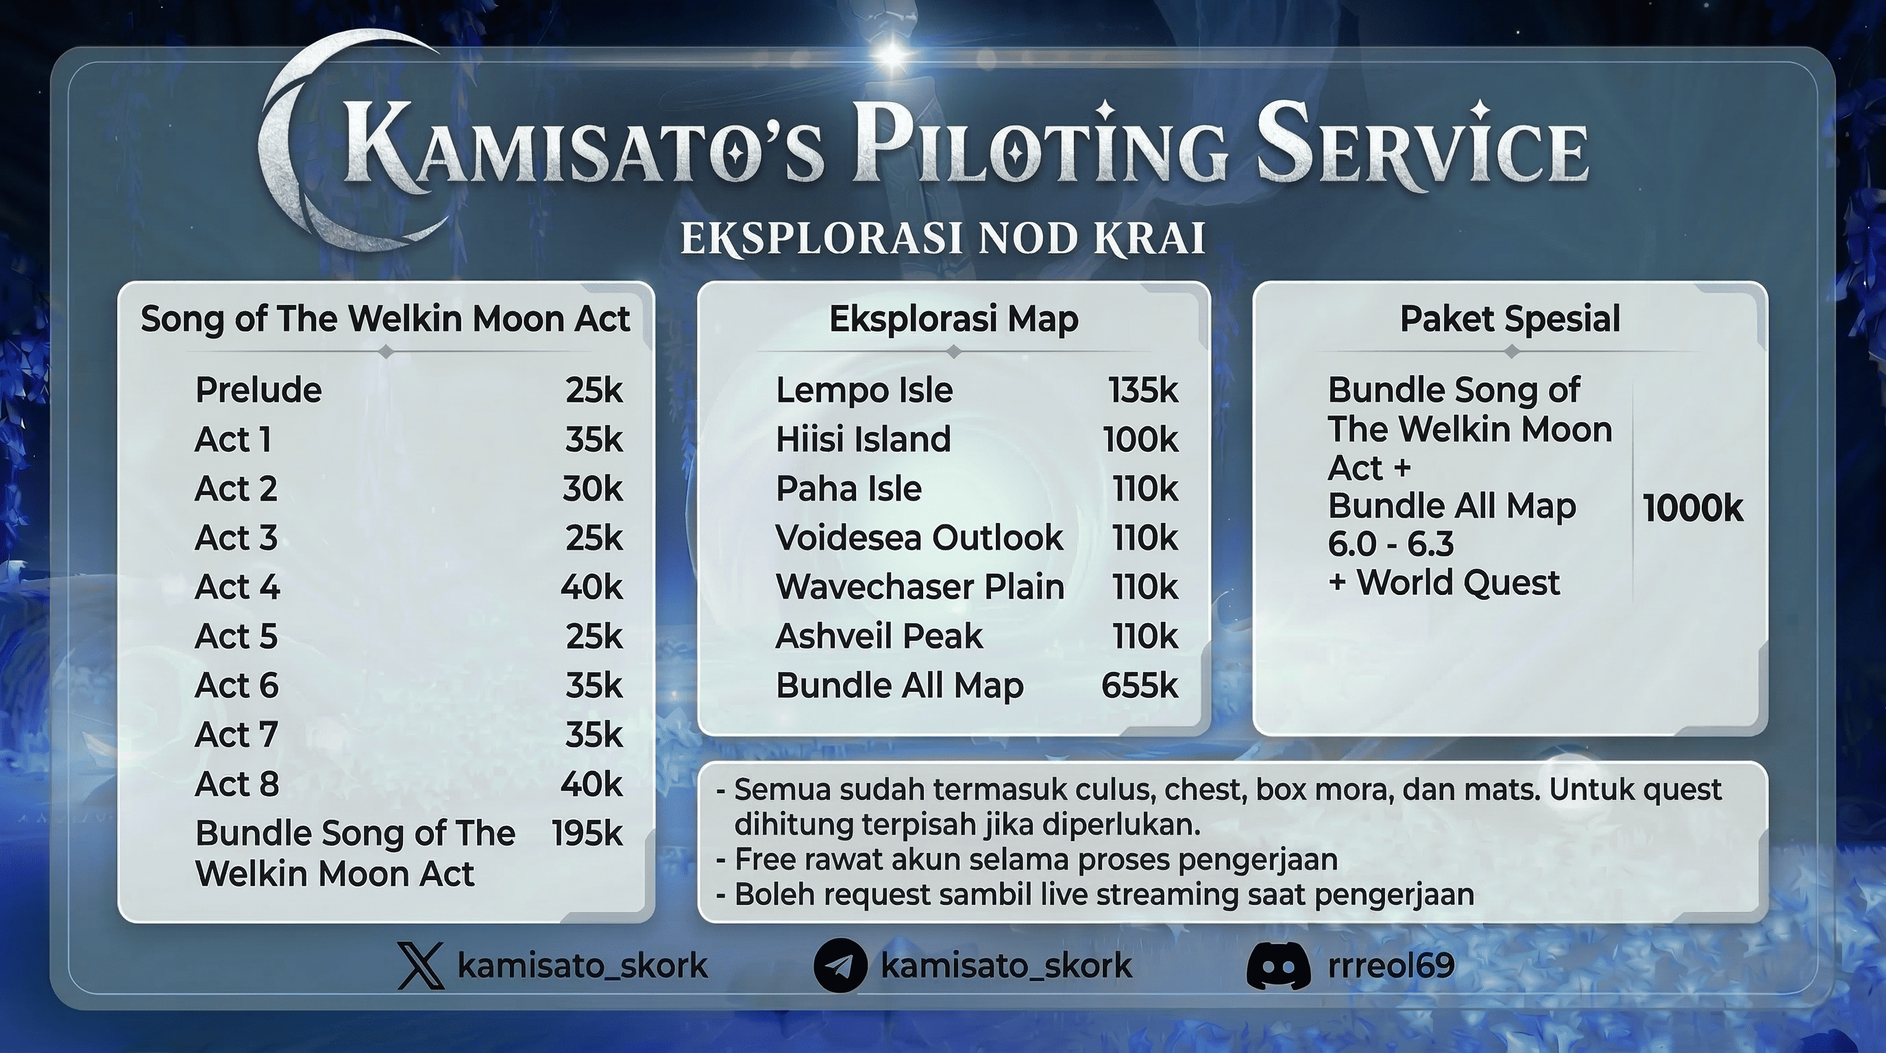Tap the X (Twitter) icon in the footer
click(x=420, y=966)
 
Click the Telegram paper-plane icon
click(x=840, y=966)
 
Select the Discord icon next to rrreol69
click(x=1277, y=966)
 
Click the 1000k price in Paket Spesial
click(x=1692, y=508)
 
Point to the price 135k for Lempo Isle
click(x=1143, y=390)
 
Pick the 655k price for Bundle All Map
click(x=1139, y=686)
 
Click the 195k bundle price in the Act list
click(x=587, y=834)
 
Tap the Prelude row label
click(x=258, y=390)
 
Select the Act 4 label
click(x=237, y=588)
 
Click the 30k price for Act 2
click(x=592, y=488)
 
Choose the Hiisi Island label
click(x=864, y=439)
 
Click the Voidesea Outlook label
click(x=919, y=538)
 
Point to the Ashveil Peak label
click(x=879, y=636)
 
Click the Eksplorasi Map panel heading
click(x=953, y=319)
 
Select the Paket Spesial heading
click(x=1510, y=319)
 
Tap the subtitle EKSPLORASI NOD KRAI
click(x=943, y=239)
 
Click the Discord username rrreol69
click(x=1391, y=966)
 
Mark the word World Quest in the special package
click(x=1458, y=583)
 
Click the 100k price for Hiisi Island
click(x=1140, y=439)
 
